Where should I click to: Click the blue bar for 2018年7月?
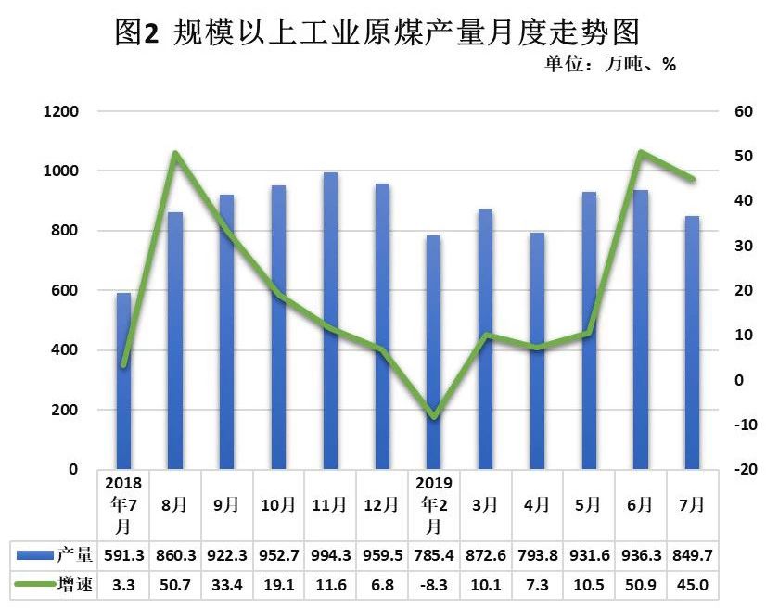123,381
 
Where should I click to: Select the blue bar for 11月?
330,321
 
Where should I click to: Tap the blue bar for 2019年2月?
434,352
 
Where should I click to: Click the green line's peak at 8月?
176,153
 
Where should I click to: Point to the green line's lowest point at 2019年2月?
434,417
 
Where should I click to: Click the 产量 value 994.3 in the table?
330,556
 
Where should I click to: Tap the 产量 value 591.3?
123,556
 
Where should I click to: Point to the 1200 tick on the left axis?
65,112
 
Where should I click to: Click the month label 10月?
278,505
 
